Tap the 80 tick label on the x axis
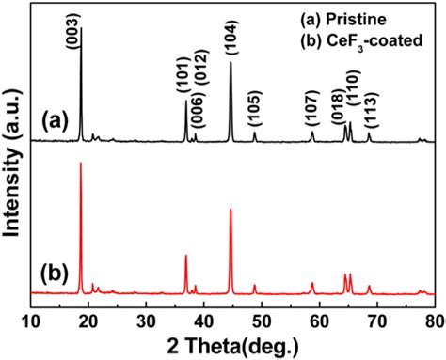point(434,320)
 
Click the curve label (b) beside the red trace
point(55,274)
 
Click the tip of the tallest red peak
point(81,163)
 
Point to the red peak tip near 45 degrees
point(231,209)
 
